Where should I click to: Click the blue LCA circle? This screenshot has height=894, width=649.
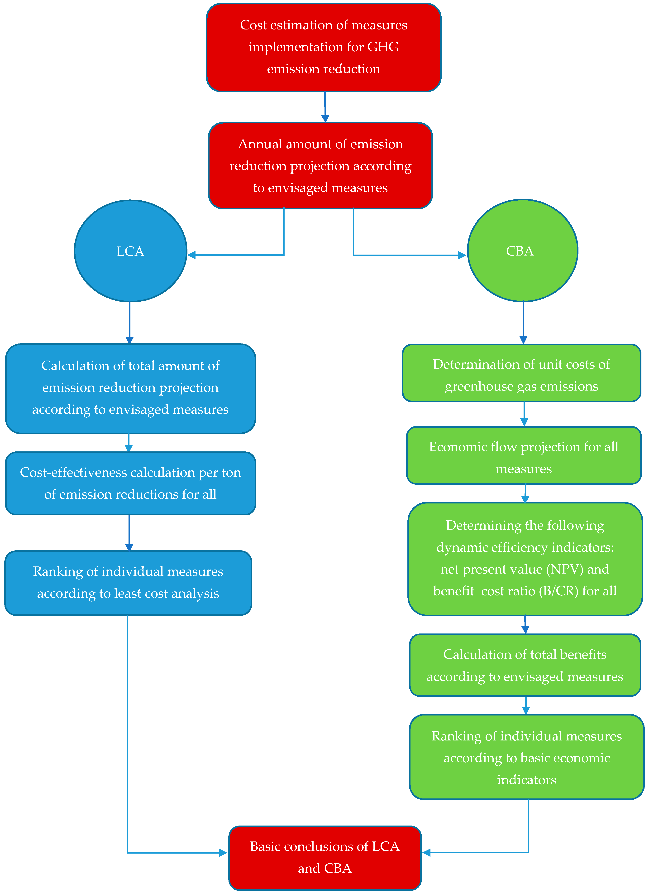click(x=130, y=251)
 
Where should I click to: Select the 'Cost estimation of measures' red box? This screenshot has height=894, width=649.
click(x=324, y=47)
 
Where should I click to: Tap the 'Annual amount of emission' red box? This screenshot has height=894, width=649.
click(x=320, y=166)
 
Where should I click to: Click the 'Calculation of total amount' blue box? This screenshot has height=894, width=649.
click(x=130, y=388)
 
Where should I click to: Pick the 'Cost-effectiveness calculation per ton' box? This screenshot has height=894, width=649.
click(x=130, y=483)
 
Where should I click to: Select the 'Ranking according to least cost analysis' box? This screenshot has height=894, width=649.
click(x=128, y=583)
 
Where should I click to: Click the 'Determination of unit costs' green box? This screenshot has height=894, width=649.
click(x=521, y=373)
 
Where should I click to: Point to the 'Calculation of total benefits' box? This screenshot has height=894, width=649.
click(x=525, y=665)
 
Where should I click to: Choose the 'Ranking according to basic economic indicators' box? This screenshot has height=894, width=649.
click(x=526, y=757)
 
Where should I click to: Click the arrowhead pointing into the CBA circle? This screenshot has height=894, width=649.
click(x=462, y=255)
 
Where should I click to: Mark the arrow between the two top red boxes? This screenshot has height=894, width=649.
click(x=325, y=107)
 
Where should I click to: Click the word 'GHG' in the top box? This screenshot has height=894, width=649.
click(x=383, y=47)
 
